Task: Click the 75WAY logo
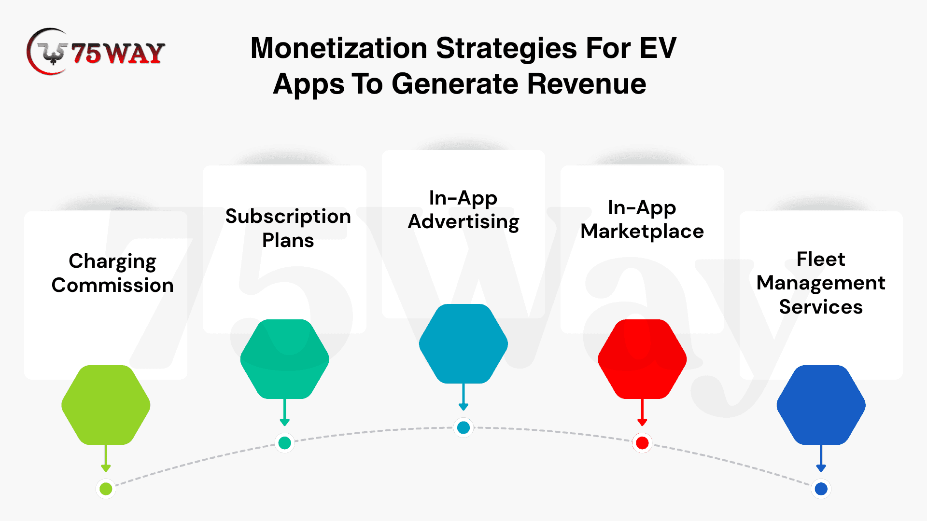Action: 96,52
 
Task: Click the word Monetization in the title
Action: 339,48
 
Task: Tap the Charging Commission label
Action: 112,273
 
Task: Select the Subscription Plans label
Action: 288,228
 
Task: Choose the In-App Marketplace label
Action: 642,219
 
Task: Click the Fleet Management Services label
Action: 821,283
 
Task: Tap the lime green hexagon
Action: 106,405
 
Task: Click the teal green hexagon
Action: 285,359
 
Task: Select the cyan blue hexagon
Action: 463,343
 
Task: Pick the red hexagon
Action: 642,359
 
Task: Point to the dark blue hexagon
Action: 821,405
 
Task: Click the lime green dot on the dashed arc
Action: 106,489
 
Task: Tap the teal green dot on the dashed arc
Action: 285,442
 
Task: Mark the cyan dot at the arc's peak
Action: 463,427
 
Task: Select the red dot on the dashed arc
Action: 642,443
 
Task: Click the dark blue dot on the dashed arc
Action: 821,489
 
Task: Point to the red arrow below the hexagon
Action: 642,412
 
